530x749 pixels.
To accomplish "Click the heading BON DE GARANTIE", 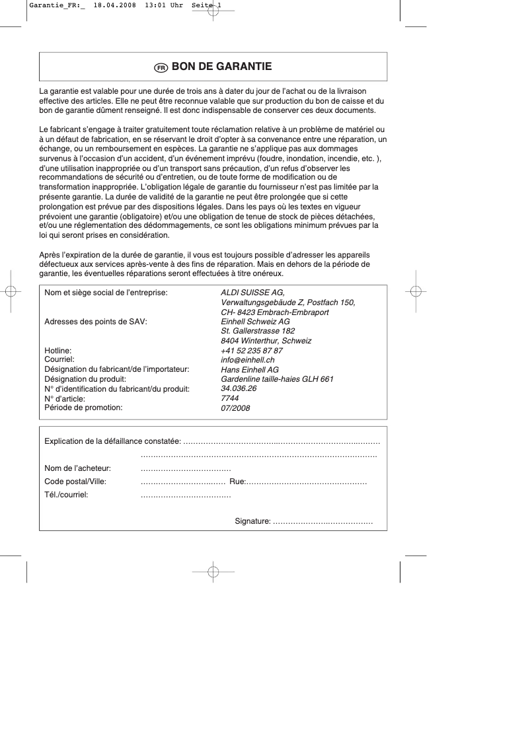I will [221, 67].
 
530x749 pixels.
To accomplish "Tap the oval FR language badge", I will [161, 67].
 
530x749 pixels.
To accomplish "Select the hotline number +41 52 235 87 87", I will [252, 351].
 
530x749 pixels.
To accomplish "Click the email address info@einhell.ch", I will [248, 360].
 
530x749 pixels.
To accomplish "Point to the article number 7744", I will [229, 398].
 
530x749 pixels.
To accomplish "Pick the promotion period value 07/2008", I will [235, 408].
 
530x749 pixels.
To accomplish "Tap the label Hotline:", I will [57, 351].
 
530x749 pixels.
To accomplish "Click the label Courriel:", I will [59, 360].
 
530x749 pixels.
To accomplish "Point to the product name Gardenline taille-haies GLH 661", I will [277, 379].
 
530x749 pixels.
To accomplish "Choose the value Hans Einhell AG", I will [250, 370].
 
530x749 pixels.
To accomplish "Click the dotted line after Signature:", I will [323, 522].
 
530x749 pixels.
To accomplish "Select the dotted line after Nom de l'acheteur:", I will [186, 468].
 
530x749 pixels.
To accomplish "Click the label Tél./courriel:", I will [66, 494].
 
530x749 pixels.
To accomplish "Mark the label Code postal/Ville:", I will [75, 482].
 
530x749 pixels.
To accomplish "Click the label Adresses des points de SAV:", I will [95, 322].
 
